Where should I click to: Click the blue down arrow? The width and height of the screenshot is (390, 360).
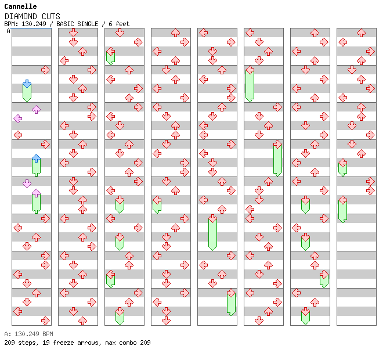pos(27,84)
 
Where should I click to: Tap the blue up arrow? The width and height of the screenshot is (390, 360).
pos(37,159)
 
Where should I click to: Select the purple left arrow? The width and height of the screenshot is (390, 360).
pos(17,118)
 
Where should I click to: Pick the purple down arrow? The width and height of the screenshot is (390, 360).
pos(27,183)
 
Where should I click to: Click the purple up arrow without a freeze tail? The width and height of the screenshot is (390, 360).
pos(37,109)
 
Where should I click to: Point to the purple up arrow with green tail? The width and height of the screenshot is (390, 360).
pos(37,193)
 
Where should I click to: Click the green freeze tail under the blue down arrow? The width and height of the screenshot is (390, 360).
pos(27,93)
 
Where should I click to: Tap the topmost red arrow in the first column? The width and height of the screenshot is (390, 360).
pos(45,70)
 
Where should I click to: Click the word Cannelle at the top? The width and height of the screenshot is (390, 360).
pos(20,6)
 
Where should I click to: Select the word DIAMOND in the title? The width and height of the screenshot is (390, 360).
pos(21,16)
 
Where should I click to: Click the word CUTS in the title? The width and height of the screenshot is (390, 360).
pos(51,16)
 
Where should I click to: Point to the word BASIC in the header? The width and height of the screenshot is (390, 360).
pos(66,24)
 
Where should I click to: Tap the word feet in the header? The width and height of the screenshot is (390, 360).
pos(122,24)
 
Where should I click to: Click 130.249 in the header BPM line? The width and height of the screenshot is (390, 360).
pos(34,24)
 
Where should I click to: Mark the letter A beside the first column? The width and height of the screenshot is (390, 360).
pos(9,31)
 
